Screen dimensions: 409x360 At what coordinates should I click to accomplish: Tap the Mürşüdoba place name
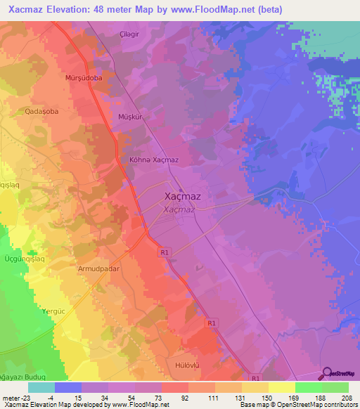[84, 78]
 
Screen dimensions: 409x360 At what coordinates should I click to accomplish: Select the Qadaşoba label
[41, 110]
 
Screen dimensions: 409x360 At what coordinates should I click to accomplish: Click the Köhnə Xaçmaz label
[154, 160]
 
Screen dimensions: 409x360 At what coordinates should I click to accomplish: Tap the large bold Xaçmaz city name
[182, 197]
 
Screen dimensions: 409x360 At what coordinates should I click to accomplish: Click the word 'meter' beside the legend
[11, 398]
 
